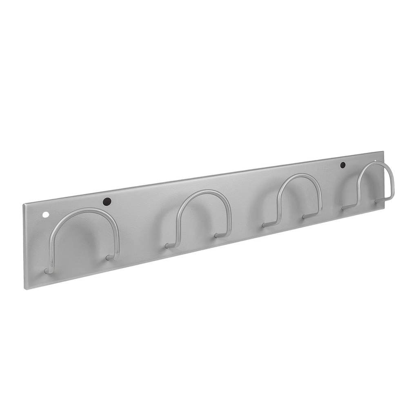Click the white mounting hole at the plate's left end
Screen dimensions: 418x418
[45, 214]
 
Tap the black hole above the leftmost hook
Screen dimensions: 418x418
[107, 201]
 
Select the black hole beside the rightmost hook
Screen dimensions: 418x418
[342, 165]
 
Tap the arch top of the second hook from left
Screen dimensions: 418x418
[204, 192]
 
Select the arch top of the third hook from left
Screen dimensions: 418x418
[300, 176]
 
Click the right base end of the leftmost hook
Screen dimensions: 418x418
[108, 258]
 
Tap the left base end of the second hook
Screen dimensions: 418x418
[167, 246]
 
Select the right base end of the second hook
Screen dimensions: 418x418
[217, 236]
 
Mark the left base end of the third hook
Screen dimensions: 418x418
[265, 225]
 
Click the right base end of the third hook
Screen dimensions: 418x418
[304, 216]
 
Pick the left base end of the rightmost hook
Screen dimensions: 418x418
[344, 208]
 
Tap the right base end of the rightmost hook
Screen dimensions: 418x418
[376, 200]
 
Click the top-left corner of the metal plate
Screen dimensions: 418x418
[23, 204]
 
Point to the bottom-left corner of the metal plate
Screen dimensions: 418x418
[25, 289]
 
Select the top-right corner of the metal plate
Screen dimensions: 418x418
[383, 151]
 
